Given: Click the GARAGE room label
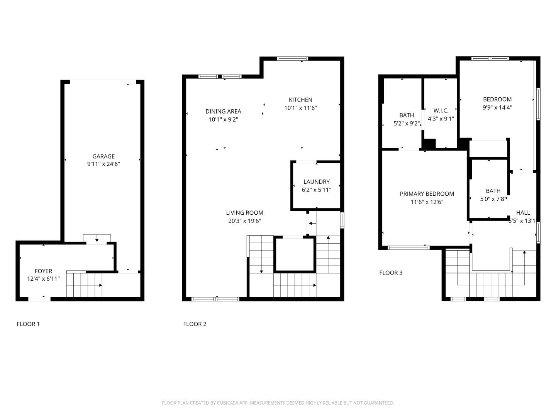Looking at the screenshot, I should pos(103,156).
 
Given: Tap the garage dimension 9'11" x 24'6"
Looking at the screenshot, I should pos(103,164).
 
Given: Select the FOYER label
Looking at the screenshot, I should pos(43,271).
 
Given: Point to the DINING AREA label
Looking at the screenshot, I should pos(223,112).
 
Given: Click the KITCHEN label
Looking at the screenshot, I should pos(300,100).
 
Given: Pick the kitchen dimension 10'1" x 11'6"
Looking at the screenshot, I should pos(300,108).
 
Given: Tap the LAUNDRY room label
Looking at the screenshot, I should pos(316,181).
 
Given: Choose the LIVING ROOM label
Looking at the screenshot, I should pos(244,213).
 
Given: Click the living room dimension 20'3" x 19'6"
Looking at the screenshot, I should pos(244,221).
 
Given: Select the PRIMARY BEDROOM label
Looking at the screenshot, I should pos(427,194).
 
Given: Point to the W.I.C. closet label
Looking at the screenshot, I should pos(441,111).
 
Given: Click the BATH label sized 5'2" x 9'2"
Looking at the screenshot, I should pos(407,115).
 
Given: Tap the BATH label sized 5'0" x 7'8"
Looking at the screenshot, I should pos(493,191).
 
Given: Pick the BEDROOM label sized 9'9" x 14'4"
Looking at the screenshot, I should pos(497,99).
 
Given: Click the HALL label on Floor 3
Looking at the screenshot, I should pos(523,212).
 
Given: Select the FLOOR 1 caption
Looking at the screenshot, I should pos(28,324).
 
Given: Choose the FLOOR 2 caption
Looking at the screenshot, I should pos(195,324).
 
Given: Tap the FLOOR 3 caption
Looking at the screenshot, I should pos(391,273).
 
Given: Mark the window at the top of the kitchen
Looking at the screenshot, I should pos(293,59).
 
